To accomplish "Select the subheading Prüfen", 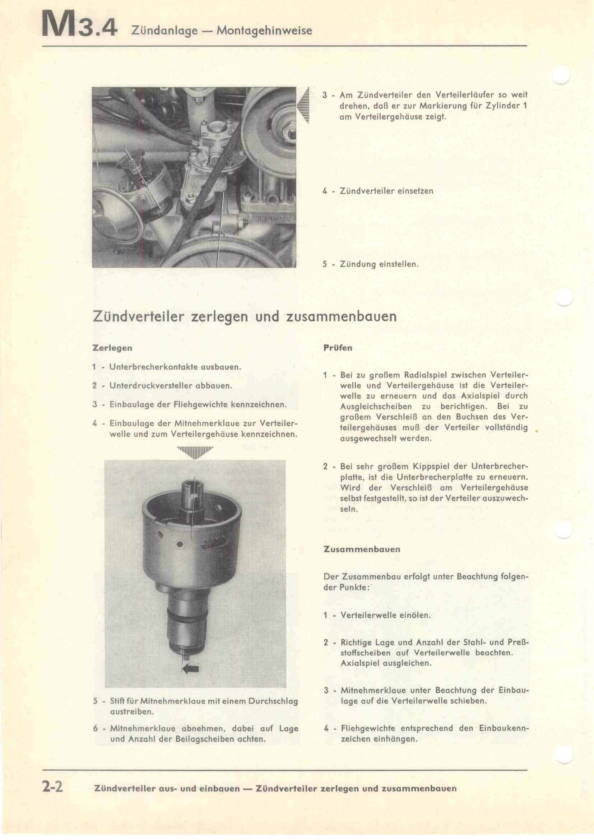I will [338, 348].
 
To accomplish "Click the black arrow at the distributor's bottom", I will [190, 669].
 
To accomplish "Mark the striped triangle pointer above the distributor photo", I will [195, 452].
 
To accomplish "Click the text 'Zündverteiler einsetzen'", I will [386, 191].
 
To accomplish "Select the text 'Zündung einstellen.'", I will [379, 264].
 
